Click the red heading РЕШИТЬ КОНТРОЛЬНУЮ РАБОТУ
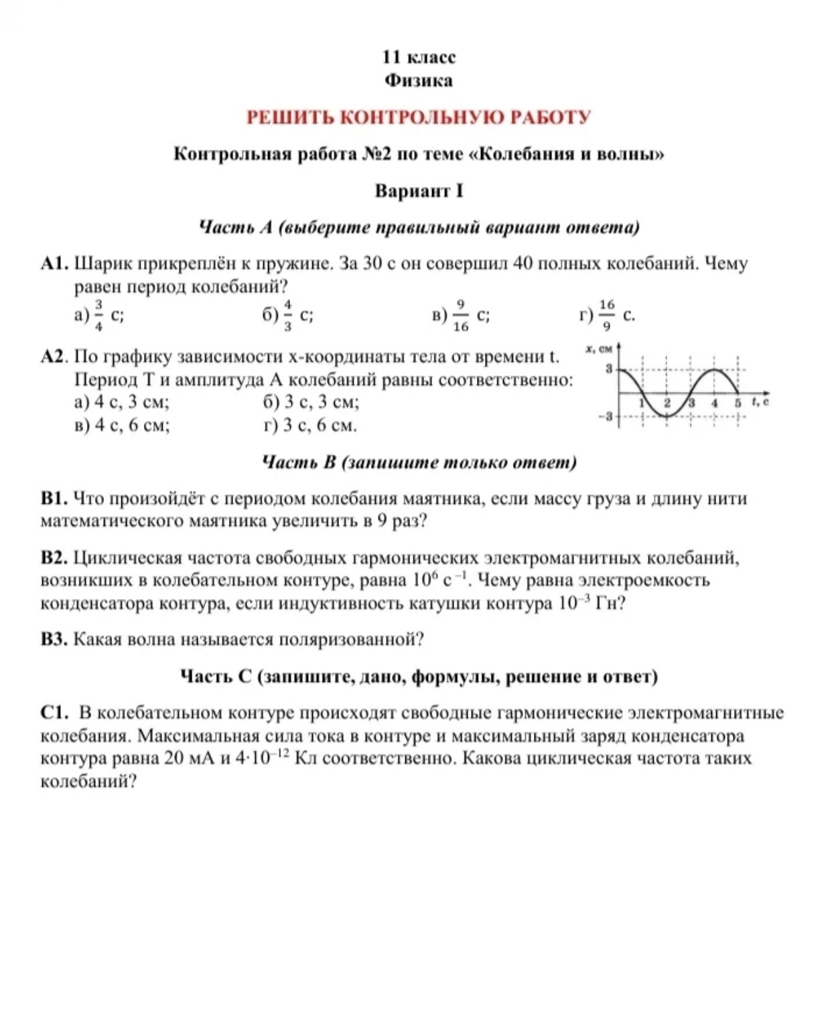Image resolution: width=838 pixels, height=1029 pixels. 419,117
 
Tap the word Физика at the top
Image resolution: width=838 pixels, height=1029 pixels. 419,81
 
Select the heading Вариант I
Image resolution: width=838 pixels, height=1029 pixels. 419,192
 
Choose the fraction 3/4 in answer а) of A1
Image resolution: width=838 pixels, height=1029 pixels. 98,315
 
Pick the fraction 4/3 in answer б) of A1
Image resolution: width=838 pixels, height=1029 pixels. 288,315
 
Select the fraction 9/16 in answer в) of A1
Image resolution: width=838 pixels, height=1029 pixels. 461,315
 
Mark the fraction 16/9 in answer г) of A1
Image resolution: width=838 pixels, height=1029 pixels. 606,315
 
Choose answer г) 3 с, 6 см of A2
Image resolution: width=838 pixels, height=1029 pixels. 310,425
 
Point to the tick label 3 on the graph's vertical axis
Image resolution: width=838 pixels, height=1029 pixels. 609,368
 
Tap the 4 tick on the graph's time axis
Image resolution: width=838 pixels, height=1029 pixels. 715,403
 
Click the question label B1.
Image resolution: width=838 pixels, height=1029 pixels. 54,498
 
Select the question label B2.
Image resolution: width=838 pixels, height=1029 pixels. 54,558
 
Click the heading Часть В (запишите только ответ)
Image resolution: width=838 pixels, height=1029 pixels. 419,462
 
